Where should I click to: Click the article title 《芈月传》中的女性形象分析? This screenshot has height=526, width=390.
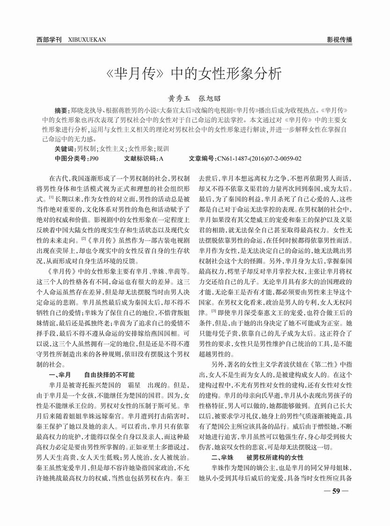(195, 74)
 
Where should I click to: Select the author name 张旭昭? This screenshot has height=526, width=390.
(210, 99)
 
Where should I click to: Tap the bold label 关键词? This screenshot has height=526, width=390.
(65, 148)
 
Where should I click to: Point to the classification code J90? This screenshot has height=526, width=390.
(93, 159)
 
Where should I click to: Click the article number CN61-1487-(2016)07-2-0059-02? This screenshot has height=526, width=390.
(259, 159)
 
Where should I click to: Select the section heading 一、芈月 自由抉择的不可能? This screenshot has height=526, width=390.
(92, 375)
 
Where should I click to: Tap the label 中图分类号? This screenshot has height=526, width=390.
(71, 159)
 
